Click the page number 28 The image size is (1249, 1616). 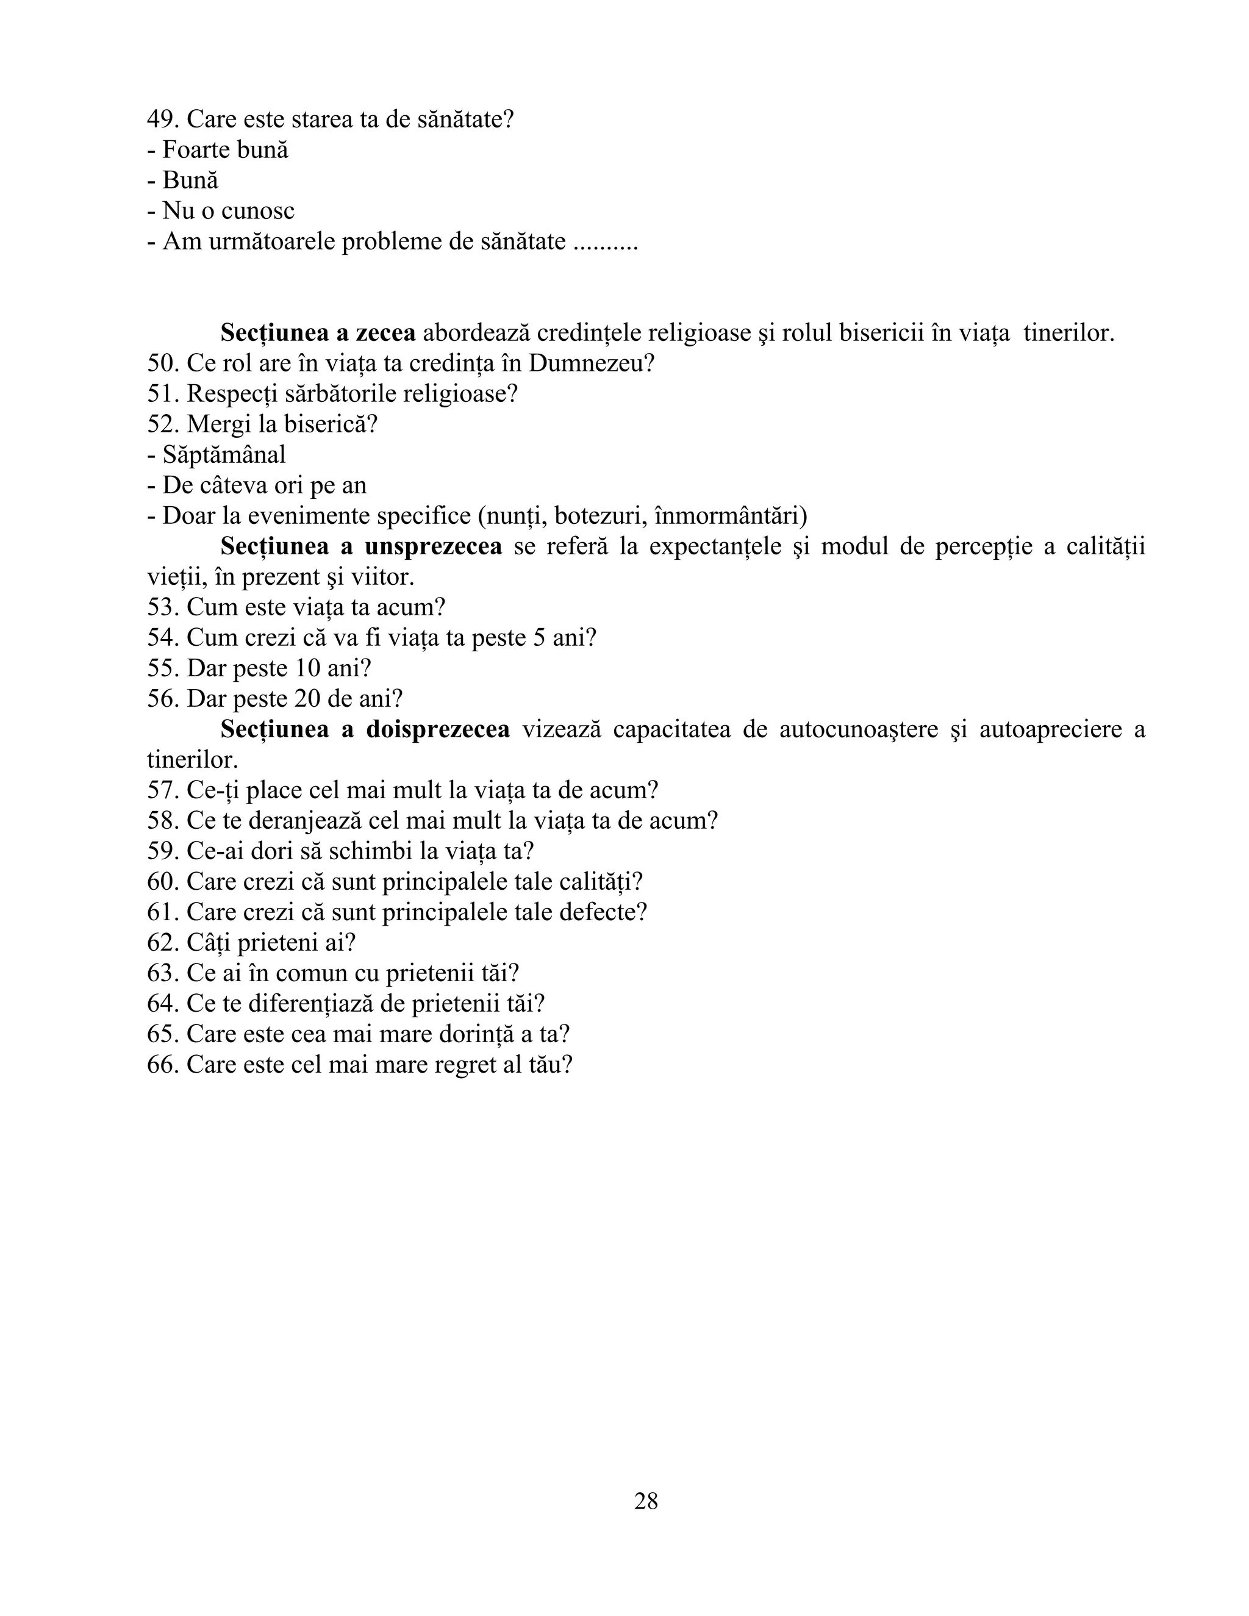(645, 1501)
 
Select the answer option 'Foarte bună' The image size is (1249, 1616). (225, 149)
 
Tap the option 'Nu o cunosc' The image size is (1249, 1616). (228, 211)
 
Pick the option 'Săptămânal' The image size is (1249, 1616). (223, 455)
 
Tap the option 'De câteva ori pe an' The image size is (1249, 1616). (264, 485)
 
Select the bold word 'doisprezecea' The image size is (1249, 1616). (437, 729)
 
